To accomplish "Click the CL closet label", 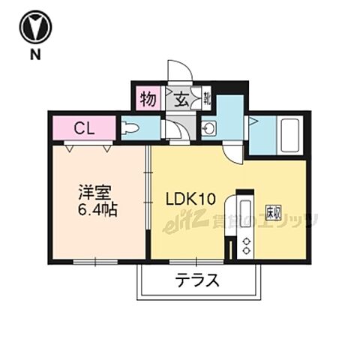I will click(83, 127).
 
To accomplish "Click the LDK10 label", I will click(190, 199).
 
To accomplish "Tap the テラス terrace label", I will click(197, 281).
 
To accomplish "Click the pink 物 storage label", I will click(147, 98).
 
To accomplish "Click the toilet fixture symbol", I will click(130, 127).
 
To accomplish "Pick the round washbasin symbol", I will click(209, 129).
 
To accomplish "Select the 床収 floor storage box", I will click(273, 212).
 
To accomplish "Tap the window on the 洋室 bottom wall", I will click(95, 261).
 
